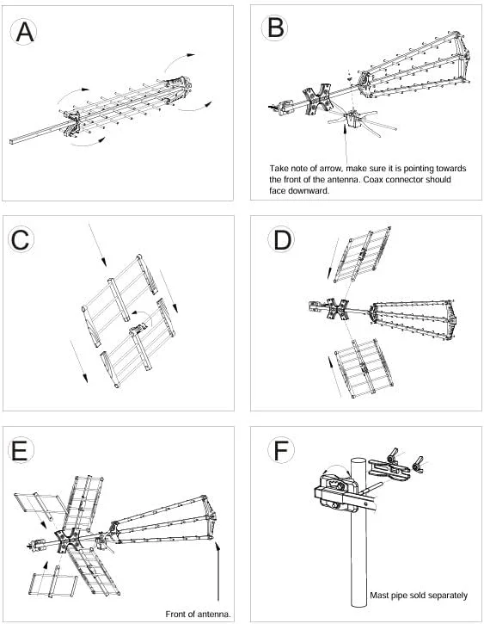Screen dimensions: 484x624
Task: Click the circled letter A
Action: [24, 32]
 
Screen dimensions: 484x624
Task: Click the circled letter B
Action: [275, 28]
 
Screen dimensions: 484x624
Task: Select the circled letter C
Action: [21, 239]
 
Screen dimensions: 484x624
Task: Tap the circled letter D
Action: [281, 239]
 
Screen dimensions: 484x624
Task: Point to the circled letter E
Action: [21, 450]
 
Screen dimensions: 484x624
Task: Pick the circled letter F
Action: [281, 450]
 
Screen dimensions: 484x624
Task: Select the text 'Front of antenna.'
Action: [198, 614]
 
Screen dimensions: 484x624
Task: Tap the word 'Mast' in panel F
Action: [378, 596]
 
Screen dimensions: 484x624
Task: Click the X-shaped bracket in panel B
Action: [317, 100]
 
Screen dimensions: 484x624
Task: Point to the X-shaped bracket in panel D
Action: [337, 309]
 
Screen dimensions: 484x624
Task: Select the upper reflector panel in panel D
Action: [361, 254]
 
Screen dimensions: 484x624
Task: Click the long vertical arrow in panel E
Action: [218, 571]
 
